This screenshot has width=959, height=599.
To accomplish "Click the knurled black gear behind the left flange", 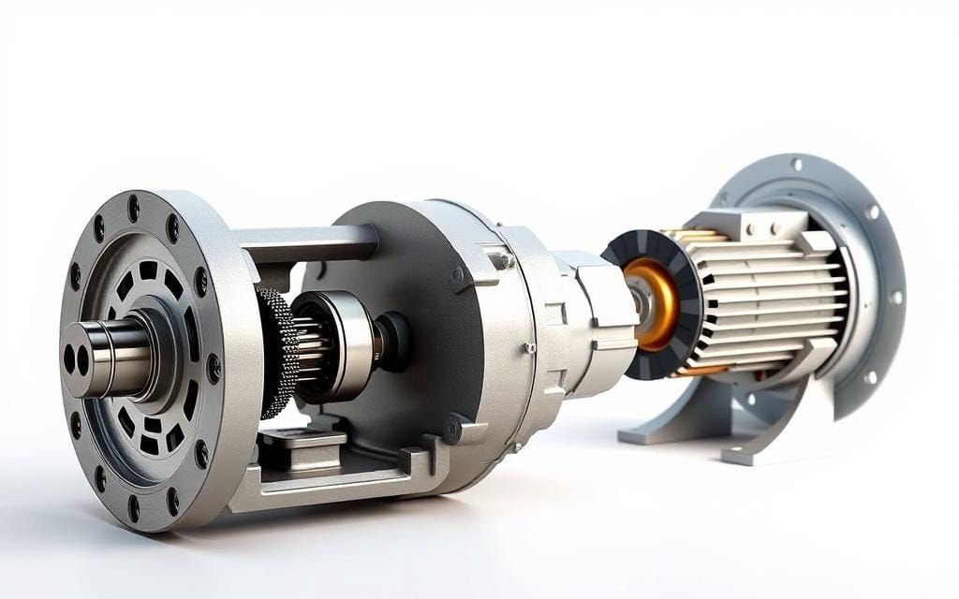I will pos(275,351).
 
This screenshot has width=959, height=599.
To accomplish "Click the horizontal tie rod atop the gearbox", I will pos(309,244).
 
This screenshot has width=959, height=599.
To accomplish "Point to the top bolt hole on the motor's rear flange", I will pos(795,167).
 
